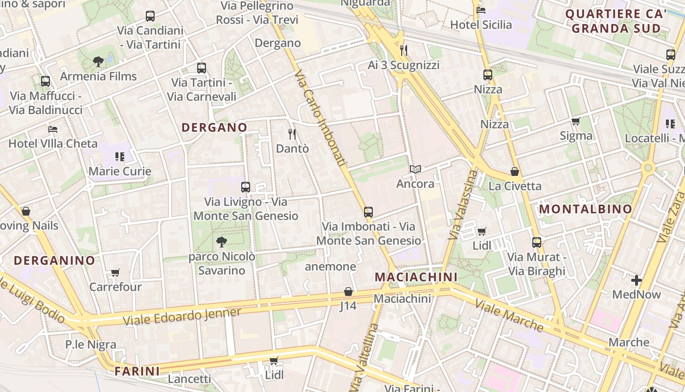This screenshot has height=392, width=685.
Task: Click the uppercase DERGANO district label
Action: [x=214, y=127]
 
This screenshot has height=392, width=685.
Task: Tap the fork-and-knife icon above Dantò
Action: [x=292, y=134]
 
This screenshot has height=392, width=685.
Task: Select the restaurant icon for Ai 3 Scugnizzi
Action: [x=404, y=50]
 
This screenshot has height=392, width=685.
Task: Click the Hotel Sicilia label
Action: [x=481, y=24]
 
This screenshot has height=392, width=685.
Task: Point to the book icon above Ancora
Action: [x=415, y=170]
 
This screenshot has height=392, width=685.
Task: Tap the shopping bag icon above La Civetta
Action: [x=515, y=171]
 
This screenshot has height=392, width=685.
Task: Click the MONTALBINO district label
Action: [x=586, y=209]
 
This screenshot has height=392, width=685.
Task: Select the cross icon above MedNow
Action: [x=637, y=280]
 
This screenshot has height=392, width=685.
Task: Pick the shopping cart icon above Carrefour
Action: [x=115, y=272]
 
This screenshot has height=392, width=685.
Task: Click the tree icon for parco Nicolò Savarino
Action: [x=222, y=242]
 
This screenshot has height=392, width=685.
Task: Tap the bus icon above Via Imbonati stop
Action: [x=368, y=212]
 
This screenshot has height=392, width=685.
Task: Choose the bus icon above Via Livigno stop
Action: [x=246, y=187]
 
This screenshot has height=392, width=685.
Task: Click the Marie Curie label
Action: [x=120, y=171]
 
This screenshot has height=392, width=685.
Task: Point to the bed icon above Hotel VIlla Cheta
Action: [x=53, y=129]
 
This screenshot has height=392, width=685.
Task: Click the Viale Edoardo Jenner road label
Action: [x=182, y=317]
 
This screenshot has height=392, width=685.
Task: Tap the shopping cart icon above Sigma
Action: [x=575, y=122]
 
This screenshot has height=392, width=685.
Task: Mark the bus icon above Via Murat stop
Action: [x=537, y=243]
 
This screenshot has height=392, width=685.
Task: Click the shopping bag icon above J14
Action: [x=348, y=292]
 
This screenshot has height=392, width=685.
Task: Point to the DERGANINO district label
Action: [x=54, y=260]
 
